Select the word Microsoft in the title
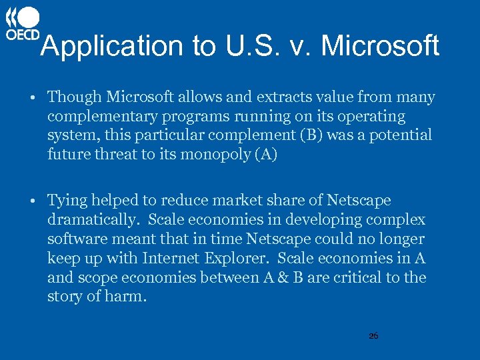coord(380,47)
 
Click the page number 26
coord(373,336)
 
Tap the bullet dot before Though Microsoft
coord(33,98)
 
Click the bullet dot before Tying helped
coord(33,201)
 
